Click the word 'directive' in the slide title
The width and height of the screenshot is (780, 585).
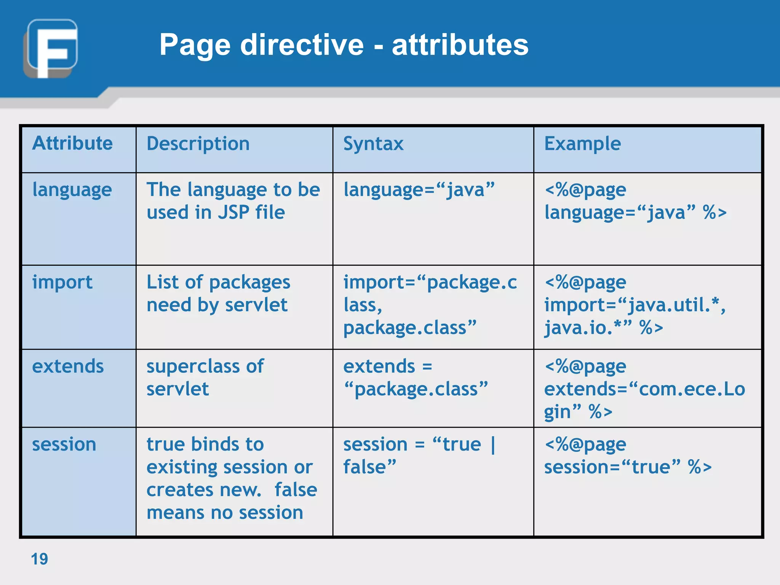[302, 45]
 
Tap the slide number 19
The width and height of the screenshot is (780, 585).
[39, 559]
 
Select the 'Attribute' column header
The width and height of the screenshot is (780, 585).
[72, 143]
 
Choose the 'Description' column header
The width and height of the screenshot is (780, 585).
[198, 144]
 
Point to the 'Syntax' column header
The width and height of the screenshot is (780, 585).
[373, 144]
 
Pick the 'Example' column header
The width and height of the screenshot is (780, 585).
[582, 144]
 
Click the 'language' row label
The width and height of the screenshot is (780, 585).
[72, 190]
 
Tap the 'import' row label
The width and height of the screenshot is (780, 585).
[62, 282]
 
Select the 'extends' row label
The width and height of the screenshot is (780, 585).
[68, 366]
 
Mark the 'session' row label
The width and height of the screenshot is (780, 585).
[64, 444]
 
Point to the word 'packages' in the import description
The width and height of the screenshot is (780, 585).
[249, 283]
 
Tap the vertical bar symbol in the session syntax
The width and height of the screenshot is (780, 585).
[493, 444]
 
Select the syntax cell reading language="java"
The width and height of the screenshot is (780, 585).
[419, 190]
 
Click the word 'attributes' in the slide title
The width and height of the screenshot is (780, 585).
[460, 45]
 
